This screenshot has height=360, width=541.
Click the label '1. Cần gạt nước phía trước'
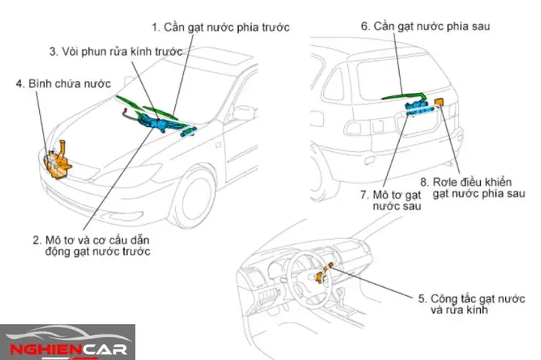220,27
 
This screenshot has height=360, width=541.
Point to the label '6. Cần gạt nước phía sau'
425,26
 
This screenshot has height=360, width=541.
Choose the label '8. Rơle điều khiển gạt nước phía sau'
478,188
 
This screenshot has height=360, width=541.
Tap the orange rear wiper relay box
441,101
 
